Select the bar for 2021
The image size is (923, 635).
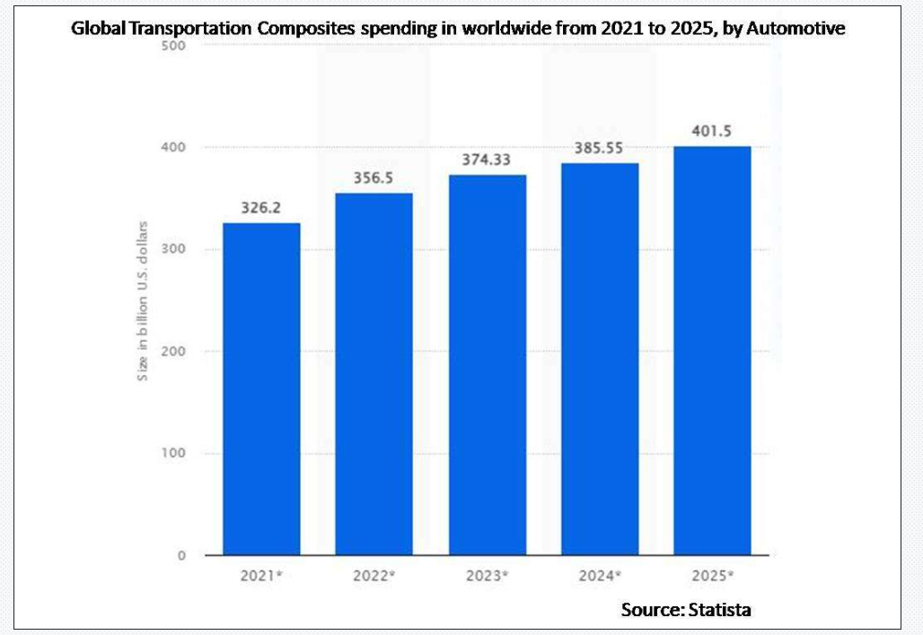(x=261, y=388)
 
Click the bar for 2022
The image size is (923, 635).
(x=374, y=374)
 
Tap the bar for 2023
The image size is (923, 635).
(x=488, y=364)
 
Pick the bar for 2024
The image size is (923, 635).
(x=600, y=359)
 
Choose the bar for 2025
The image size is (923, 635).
(x=712, y=351)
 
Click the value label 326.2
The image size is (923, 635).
(x=260, y=207)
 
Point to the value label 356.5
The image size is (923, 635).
(x=374, y=178)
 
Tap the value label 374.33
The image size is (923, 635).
(x=487, y=160)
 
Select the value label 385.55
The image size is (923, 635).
(x=599, y=148)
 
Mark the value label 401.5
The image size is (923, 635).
(x=712, y=131)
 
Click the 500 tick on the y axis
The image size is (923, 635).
(x=173, y=45)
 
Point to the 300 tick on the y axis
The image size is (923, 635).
(x=173, y=248)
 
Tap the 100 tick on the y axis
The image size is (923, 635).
(x=173, y=453)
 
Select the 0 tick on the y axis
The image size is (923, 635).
(x=181, y=555)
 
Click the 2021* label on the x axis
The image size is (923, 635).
(x=261, y=576)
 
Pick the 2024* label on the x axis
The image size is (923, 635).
(x=600, y=576)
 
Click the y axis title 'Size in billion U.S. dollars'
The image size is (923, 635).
(x=143, y=301)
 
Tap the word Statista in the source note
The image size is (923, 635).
(x=720, y=609)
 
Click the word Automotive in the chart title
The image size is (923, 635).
(x=796, y=28)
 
